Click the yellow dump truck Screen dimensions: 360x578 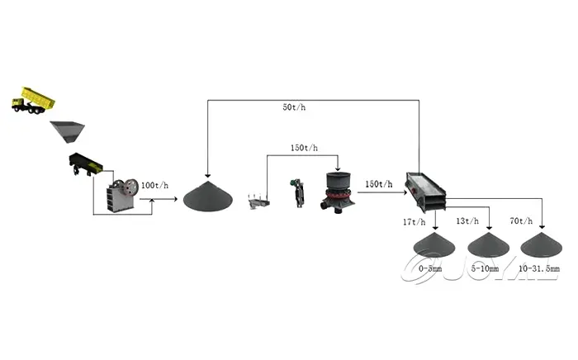coord(33,100)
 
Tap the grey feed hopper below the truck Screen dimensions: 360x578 coord(67,130)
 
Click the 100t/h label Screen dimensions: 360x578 coord(154,185)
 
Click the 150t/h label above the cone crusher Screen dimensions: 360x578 coord(304,149)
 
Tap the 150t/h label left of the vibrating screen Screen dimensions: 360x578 coord(378,184)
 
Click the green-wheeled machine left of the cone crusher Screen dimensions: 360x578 coord(296,192)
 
